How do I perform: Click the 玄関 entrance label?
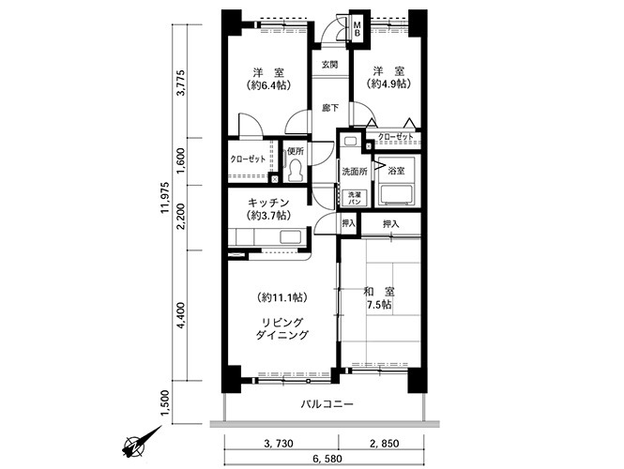(x=330, y=64)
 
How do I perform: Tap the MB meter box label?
(x=357, y=29)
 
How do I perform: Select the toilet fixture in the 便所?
(x=296, y=171)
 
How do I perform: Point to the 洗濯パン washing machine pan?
(x=353, y=198)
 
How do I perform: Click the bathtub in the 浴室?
(x=396, y=195)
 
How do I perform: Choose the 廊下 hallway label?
(x=330, y=108)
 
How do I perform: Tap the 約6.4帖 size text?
(x=268, y=85)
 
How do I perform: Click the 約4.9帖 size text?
(x=388, y=83)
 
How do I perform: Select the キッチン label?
(x=268, y=202)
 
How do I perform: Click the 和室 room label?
(x=378, y=292)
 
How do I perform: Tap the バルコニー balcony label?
(x=327, y=404)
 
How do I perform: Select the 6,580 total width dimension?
(x=327, y=459)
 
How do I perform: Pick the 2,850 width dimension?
(x=384, y=443)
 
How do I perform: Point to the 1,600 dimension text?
(x=181, y=160)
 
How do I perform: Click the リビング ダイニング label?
(x=282, y=328)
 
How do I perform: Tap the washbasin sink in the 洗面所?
(x=351, y=142)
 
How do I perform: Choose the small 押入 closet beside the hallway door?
(x=349, y=223)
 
